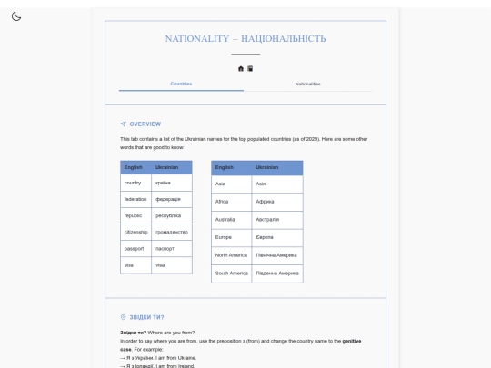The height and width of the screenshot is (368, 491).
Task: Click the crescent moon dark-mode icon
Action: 16,16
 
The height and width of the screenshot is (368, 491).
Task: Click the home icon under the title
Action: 241,68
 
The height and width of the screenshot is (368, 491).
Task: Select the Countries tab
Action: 181,84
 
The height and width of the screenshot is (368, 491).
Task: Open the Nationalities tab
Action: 307,84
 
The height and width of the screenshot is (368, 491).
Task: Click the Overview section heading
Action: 145,124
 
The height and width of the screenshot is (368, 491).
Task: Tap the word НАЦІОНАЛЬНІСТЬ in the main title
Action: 283,39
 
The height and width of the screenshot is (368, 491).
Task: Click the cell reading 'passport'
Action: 135,248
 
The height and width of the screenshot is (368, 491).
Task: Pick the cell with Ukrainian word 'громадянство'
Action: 171,232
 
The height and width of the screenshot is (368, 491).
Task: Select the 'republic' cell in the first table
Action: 135,215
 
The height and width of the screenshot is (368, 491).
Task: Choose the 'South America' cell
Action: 231,273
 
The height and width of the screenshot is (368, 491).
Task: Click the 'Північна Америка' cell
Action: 276,254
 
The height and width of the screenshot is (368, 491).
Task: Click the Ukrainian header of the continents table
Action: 267,167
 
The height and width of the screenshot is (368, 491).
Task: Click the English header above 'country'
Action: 134,167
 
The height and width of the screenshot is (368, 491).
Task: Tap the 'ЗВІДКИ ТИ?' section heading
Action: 145,317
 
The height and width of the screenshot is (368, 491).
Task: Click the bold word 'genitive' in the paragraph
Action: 351,341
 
